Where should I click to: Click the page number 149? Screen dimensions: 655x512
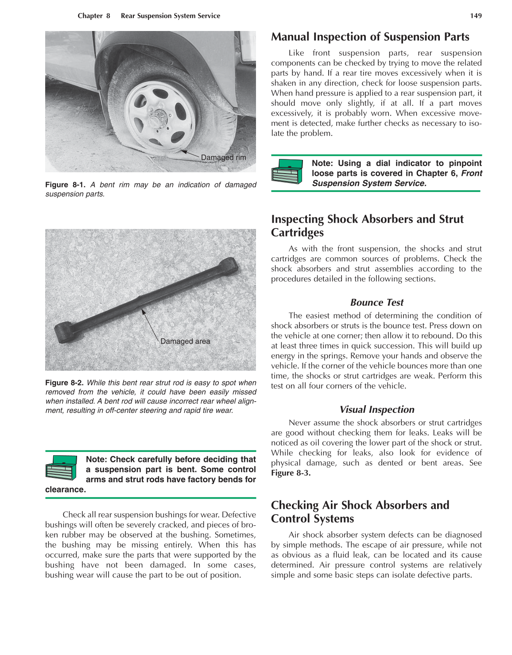(476, 16)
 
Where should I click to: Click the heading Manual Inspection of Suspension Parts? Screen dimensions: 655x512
(370, 37)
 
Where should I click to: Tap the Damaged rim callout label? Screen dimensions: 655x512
(223, 158)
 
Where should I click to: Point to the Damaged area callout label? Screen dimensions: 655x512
(185, 341)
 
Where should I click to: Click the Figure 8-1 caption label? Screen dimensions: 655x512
(65, 185)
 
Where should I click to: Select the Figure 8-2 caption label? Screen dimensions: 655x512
(65, 383)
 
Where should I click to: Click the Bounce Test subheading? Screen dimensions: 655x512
(376, 302)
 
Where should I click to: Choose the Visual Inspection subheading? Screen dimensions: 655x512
(376, 410)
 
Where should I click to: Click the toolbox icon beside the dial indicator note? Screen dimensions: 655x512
(287, 171)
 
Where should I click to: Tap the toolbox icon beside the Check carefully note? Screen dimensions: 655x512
(62, 468)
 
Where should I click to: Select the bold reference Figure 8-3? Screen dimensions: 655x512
(291, 473)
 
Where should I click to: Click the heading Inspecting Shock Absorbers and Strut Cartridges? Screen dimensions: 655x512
(367, 225)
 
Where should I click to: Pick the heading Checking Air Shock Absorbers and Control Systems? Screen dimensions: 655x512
(360, 512)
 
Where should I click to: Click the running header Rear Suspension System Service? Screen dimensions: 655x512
(170, 16)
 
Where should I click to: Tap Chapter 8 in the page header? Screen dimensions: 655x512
(93, 16)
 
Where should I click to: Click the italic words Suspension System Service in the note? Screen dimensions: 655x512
(368, 183)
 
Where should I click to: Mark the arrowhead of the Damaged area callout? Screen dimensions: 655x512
(143, 311)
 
